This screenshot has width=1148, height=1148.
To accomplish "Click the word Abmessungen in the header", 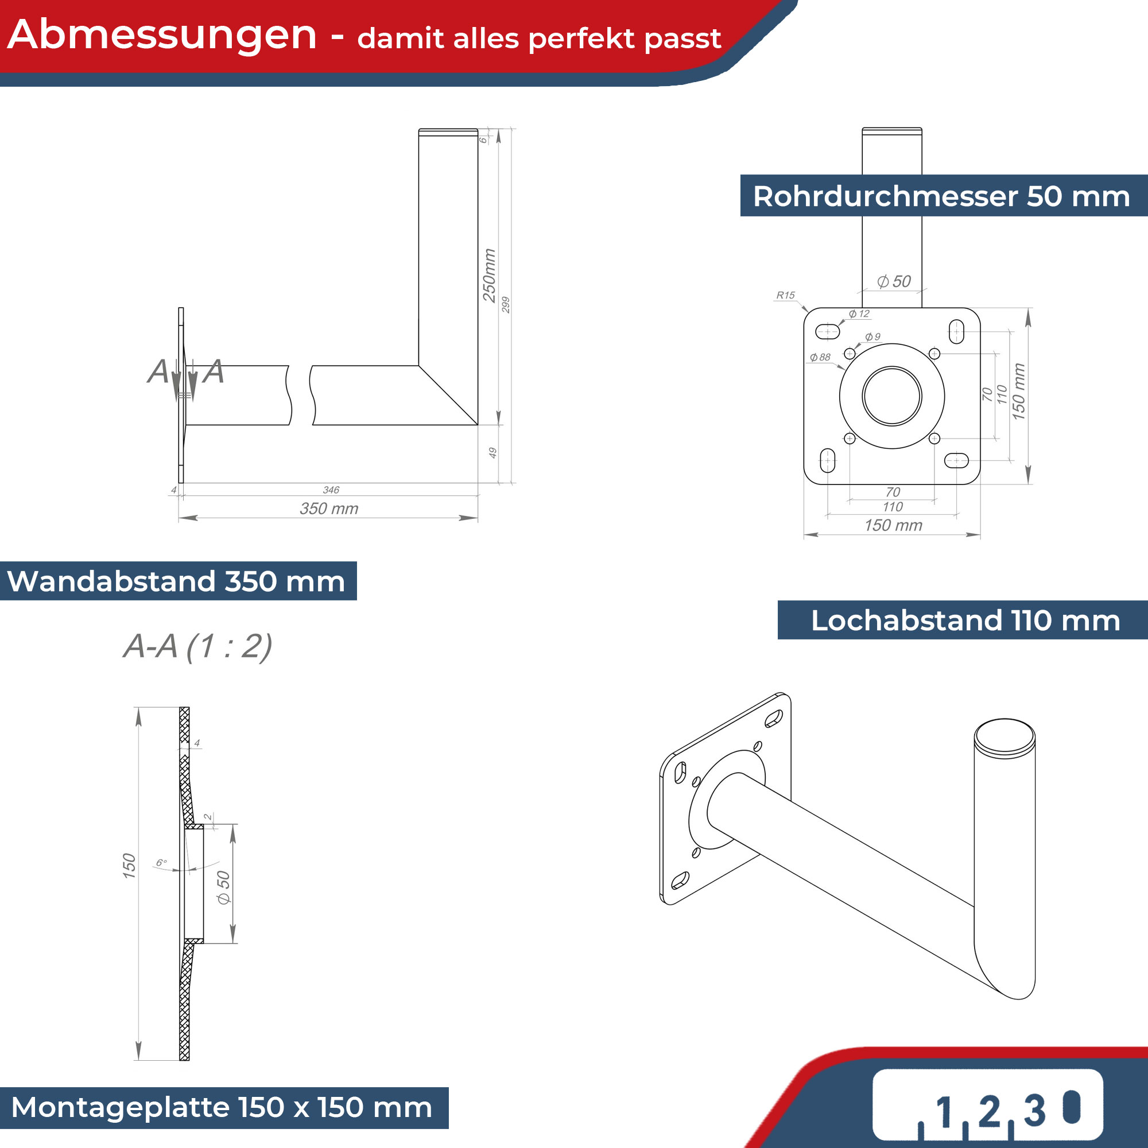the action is (x=162, y=34).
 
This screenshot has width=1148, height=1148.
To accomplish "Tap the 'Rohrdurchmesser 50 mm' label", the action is (x=941, y=196).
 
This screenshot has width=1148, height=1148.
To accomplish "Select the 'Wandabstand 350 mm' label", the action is (x=176, y=581).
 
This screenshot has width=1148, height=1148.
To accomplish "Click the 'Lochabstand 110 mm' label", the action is (x=965, y=620).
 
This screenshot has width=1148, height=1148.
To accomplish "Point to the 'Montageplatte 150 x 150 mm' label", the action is (x=222, y=1108).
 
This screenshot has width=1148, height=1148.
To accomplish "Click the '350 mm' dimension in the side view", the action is (x=329, y=509).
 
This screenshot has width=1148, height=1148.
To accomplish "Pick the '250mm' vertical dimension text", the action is (x=489, y=276).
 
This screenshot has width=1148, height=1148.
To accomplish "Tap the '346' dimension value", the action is (x=331, y=490).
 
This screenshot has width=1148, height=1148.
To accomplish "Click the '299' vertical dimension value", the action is (x=506, y=305).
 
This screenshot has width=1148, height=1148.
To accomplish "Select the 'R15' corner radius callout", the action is (x=786, y=295).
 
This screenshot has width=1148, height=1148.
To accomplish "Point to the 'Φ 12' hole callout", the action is (x=859, y=314).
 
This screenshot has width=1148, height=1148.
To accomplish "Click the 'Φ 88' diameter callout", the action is (x=820, y=357).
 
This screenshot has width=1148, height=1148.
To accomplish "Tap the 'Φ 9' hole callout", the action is (x=873, y=337).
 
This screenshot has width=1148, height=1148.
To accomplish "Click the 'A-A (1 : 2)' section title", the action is (x=198, y=646).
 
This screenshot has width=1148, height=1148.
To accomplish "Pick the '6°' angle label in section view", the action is (x=161, y=863).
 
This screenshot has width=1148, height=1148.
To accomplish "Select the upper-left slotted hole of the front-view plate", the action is (x=827, y=331).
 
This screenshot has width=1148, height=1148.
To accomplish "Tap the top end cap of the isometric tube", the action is (x=1005, y=738).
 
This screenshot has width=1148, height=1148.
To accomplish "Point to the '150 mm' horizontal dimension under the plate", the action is (x=893, y=525).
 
